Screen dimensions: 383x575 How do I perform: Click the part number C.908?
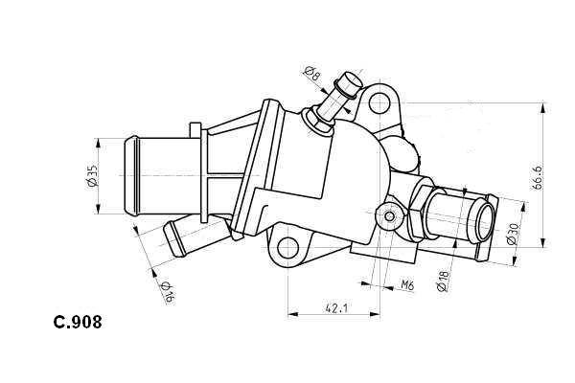(x=78, y=323)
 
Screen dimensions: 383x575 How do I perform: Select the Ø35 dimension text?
(x=93, y=177)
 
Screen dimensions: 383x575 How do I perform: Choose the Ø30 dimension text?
(x=512, y=236)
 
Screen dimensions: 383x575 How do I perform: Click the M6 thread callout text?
(x=406, y=284)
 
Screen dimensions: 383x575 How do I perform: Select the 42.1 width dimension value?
(x=334, y=307)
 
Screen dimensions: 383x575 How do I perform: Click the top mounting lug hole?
(x=380, y=102)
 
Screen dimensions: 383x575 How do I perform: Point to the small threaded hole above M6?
(x=388, y=218)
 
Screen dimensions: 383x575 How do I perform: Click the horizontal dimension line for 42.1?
(x=334, y=315)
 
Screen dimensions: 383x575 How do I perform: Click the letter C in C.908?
(x=59, y=323)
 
